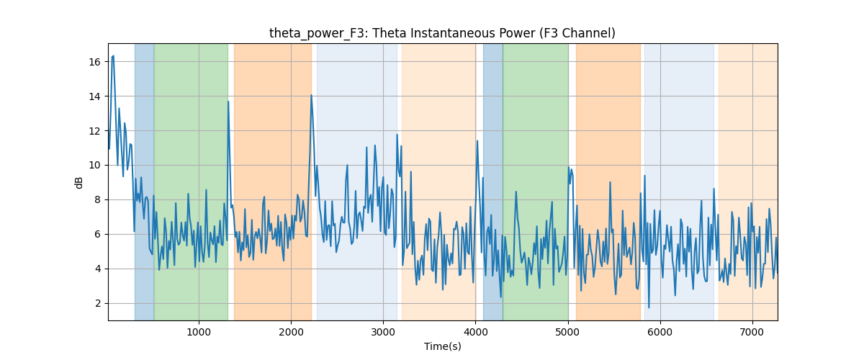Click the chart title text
click(x=442, y=33)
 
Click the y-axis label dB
click(x=78, y=183)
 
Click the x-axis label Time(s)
click(x=442, y=346)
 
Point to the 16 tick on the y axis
click(x=94, y=62)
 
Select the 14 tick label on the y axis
click(x=94, y=96)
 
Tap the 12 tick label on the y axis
click(x=94, y=131)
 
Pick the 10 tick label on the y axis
click(x=94, y=165)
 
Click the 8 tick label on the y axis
click(x=97, y=200)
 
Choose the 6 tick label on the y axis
click(x=97, y=234)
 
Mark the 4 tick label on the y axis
click(x=97, y=269)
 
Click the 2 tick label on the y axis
click(x=97, y=303)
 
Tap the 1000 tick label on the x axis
click(x=199, y=332)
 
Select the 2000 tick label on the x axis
click(x=291, y=332)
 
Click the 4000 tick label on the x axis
click(x=476, y=332)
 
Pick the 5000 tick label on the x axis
click(x=568, y=332)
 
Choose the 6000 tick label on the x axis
click(x=660, y=332)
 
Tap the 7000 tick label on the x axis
click(x=752, y=332)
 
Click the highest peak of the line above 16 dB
click(x=112, y=56)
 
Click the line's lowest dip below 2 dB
click(x=649, y=307)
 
